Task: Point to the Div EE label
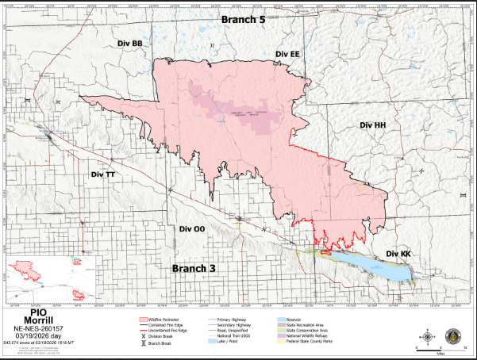pos(287,53)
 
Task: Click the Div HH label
pos(372,125)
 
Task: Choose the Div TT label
pos(103,174)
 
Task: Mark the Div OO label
pos(191,228)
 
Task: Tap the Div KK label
pos(398,254)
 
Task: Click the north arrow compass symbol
pos(429,335)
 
